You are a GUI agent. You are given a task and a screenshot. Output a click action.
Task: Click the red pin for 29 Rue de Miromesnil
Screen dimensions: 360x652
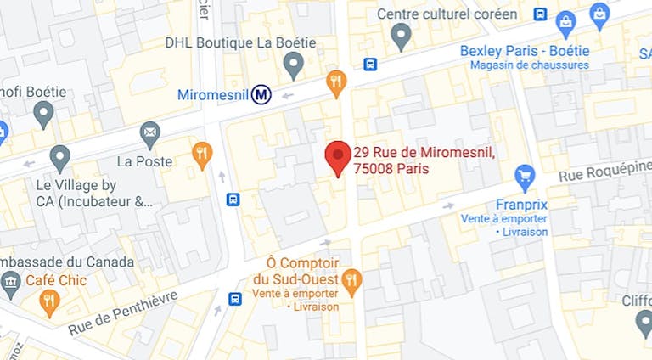tap(338, 156)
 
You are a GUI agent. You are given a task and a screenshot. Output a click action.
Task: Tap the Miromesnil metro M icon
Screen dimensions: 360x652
tap(261, 95)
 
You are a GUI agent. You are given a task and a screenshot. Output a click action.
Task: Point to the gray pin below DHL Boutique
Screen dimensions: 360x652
tap(293, 64)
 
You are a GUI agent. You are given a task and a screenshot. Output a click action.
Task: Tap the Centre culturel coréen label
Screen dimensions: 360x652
tap(447, 14)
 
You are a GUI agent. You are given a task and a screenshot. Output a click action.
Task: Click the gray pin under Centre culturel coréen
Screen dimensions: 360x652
tap(401, 35)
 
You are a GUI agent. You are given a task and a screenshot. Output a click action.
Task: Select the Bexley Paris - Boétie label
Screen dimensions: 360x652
tap(524, 51)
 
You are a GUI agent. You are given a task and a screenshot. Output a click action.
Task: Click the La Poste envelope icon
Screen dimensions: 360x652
tap(150, 132)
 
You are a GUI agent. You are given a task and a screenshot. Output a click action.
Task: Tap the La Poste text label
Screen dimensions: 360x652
tap(144, 161)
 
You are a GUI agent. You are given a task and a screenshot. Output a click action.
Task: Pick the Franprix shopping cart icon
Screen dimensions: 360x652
tap(526, 177)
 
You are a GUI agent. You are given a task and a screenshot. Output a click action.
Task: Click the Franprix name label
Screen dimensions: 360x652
tap(521, 205)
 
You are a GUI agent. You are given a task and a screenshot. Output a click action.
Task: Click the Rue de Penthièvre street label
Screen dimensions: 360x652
tap(123, 312)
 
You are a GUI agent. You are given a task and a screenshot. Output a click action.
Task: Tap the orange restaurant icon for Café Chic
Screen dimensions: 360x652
tap(50, 301)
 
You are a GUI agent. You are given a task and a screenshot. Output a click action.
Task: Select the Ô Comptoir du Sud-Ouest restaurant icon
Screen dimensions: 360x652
tap(351, 279)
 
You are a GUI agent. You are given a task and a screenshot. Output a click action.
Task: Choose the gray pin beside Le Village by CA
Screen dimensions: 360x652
tap(59, 157)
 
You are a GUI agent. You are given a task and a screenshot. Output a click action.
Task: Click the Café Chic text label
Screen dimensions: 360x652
tap(56, 280)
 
